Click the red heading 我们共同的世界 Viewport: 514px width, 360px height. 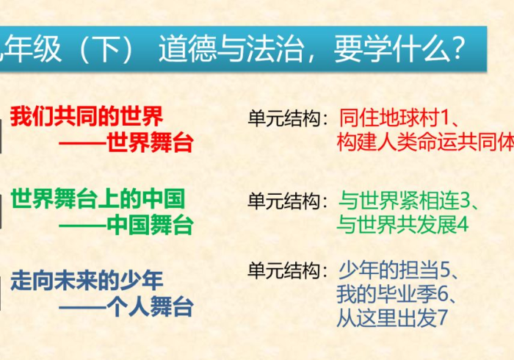(87, 116)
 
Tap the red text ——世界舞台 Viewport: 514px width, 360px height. (126, 143)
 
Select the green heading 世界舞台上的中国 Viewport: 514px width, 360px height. (98, 198)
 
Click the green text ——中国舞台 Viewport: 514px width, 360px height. (126, 224)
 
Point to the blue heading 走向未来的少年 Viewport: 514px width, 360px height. (87, 280)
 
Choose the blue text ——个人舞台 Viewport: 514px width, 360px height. (126, 306)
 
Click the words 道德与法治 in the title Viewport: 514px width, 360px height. (231, 48)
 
